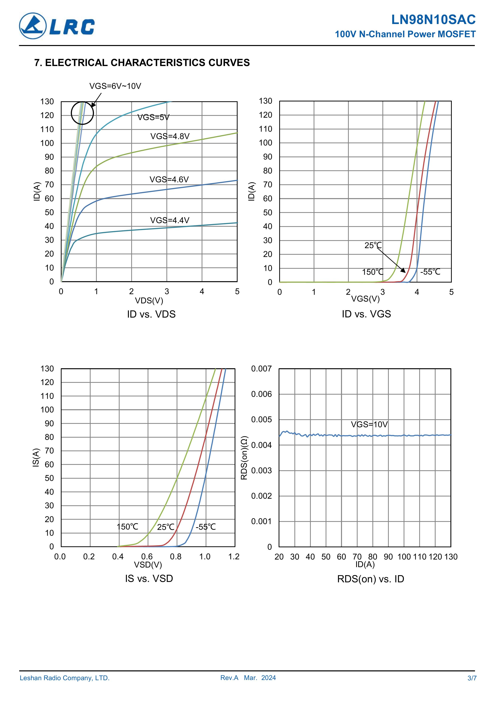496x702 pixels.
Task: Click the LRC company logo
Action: point(57,26)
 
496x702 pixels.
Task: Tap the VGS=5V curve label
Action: point(153,117)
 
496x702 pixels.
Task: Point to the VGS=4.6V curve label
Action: point(169,180)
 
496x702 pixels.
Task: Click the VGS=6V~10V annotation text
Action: point(115,86)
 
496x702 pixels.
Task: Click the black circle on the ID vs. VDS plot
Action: point(82,113)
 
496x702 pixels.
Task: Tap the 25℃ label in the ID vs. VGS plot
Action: point(373,245)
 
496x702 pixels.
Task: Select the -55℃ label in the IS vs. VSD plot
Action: point(206,527)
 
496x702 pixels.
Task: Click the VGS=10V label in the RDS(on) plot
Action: point(369,424)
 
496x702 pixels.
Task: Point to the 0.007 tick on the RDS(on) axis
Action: point(261,369)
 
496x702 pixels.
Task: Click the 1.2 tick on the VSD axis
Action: point(234,557)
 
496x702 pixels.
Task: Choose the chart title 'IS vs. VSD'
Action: point(149,579)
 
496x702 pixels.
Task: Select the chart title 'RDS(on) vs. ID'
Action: point(370,579)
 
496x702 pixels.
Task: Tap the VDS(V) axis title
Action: point(149,301)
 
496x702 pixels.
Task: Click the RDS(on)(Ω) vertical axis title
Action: point(244,458)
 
